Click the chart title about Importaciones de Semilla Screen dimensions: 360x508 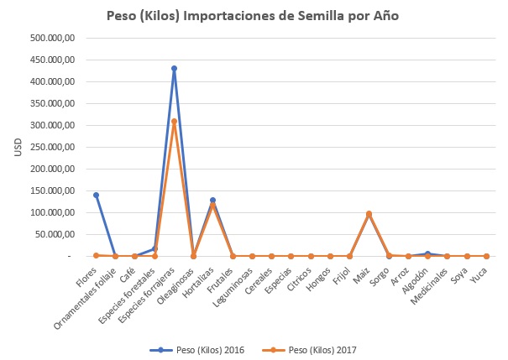tap(253, 16)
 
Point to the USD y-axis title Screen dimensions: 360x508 tap(18, 147)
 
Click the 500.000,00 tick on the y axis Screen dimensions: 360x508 tap(52, 38)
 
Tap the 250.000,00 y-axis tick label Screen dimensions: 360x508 tap(52, 147)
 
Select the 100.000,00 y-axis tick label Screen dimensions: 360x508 tap(52, 212)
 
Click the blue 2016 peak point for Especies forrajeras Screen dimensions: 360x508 tap(174, 69)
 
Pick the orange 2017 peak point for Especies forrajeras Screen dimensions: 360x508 tap(174, 121)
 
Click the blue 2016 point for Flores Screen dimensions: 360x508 tap(96, 195)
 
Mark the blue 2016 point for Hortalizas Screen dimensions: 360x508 tap(212, 200)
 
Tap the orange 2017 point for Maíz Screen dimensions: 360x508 tap(369, 213)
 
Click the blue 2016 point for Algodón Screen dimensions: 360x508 tap(427, 253)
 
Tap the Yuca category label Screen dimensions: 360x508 tap(479, 272)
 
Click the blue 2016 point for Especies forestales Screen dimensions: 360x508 tap(154, 248)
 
